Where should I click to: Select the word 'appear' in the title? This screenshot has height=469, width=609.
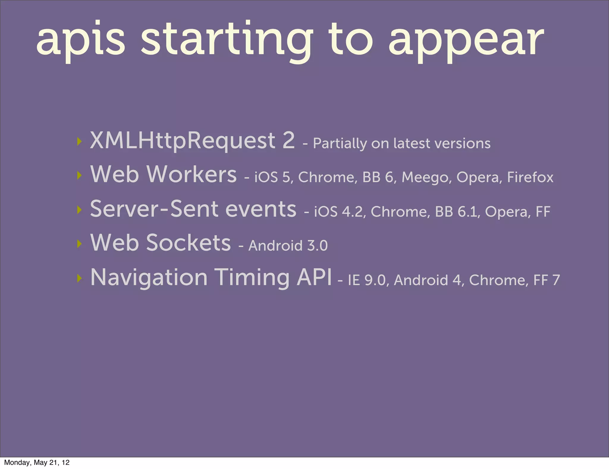coord(466,42)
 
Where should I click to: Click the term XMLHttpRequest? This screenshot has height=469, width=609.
coord(183,141)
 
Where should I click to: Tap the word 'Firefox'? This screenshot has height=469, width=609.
coord(530,177)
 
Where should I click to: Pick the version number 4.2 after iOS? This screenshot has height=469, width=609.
coord(352,212)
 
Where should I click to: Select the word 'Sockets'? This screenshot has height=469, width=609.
coord(189,243)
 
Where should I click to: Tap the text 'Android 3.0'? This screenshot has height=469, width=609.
coord(288,246)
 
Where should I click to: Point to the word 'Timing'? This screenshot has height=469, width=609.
coord(252,278)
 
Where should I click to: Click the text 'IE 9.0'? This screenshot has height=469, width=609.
coord(367,280)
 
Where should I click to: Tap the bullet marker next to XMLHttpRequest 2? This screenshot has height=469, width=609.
coord(79,141)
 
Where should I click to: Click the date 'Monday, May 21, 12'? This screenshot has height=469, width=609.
coord(37,462)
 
